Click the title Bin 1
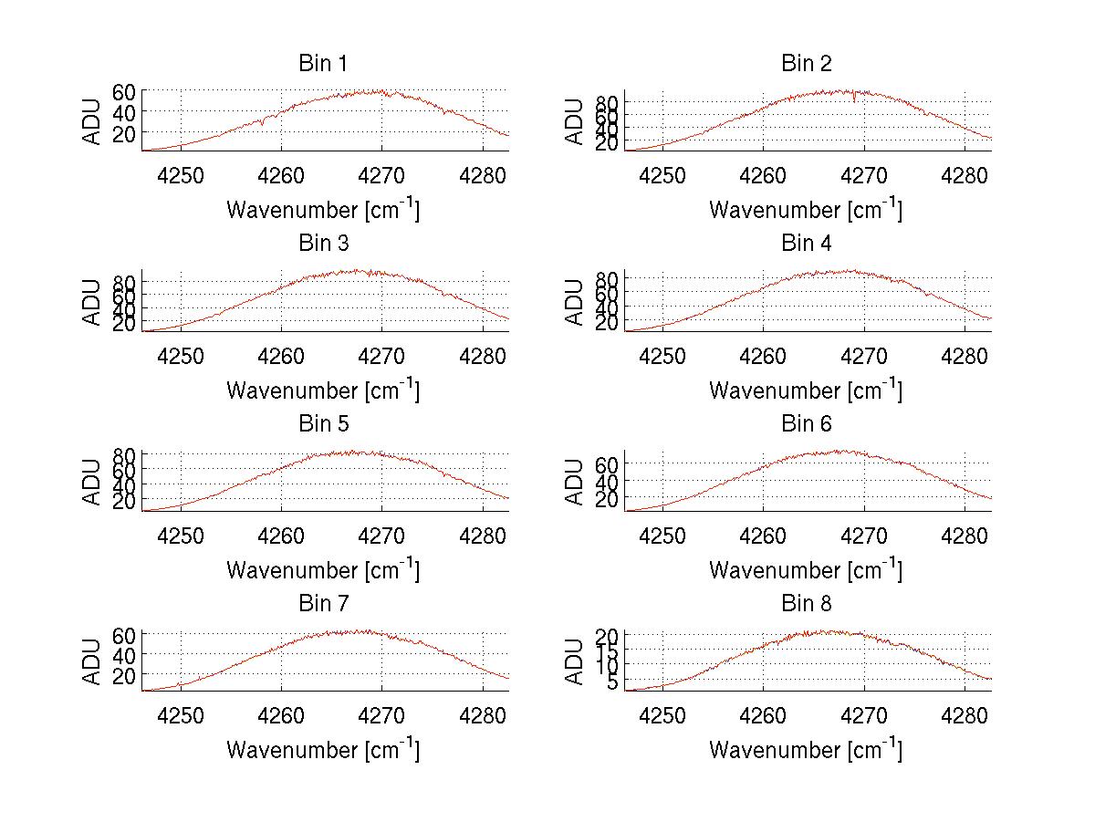click(322, 64)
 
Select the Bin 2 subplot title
click(806, 64)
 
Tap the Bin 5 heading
click(322, 424)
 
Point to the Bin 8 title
click(806, 604)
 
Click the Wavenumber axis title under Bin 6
click(806, 570)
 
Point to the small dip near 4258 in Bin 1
click(263, 122)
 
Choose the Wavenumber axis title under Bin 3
click(322, 390)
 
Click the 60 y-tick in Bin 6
click(607, 463)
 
